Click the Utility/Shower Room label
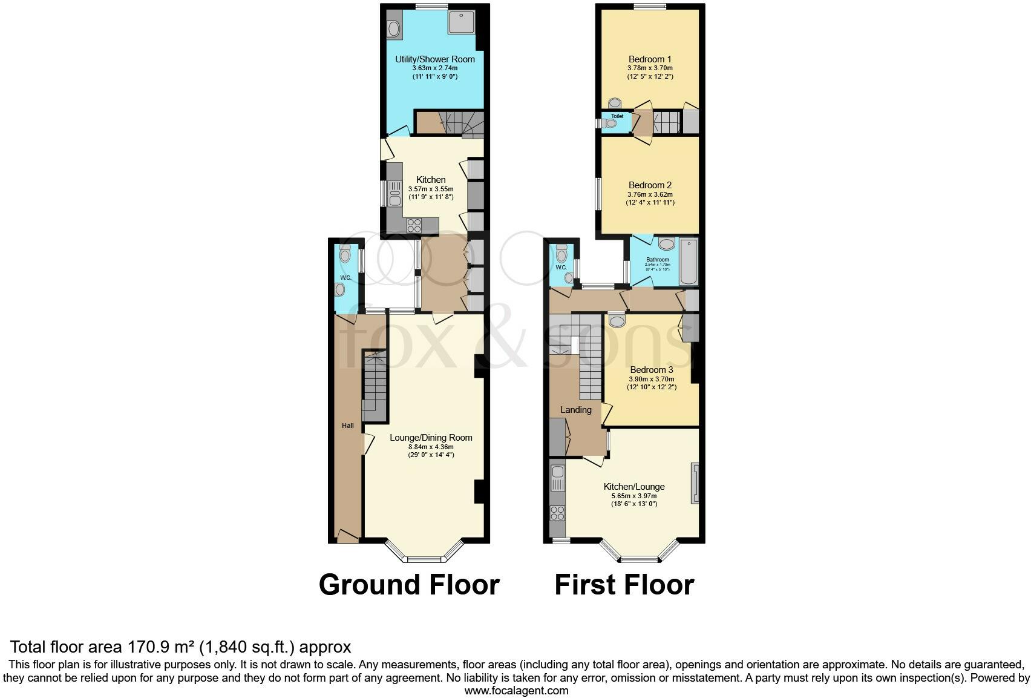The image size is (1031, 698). [x=434, y=59]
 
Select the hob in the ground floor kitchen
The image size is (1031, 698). [x=414, y=225]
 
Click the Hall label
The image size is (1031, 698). [x=347, y=426]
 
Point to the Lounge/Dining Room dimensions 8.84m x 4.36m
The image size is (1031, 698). [x=430, y=447]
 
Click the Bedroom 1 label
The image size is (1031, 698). [x=650, y=59]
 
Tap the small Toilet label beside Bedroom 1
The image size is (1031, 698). [x=617, y=116]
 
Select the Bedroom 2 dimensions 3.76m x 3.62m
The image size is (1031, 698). [x=650, y=194]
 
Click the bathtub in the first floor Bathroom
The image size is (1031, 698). [x=689, y=262]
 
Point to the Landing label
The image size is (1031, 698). [x=575, y=410]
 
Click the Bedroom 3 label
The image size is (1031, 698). [x=651, y=370]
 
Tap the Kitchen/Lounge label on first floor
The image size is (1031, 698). [x=633, y=487]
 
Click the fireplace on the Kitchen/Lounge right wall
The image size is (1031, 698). [x=695, y=483]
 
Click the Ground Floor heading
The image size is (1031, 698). [x=409, y=585]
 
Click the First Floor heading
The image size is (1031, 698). [x=624, y=585]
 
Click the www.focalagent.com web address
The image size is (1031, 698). [x=516, y=690]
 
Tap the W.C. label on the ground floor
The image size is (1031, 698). [x=345, y=278]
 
